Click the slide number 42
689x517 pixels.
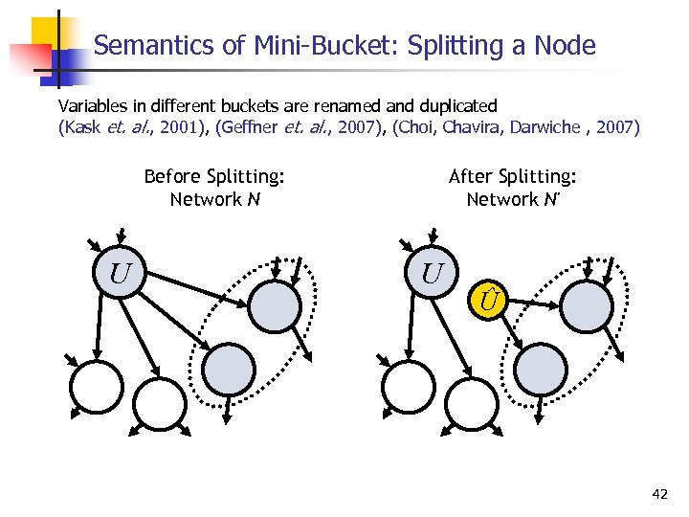(x=659, y=494)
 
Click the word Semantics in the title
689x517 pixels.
(x=143, y=45)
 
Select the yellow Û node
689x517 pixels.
(x=489, y=303)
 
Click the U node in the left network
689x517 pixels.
(x=120, y=274)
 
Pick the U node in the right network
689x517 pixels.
(x=432, y=274)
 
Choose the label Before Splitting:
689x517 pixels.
(x=214, y=176)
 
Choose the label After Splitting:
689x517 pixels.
(x=512, y=176)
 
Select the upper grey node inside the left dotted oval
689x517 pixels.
(x=276, y=305)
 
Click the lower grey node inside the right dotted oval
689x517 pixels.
(x=542, y=367)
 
